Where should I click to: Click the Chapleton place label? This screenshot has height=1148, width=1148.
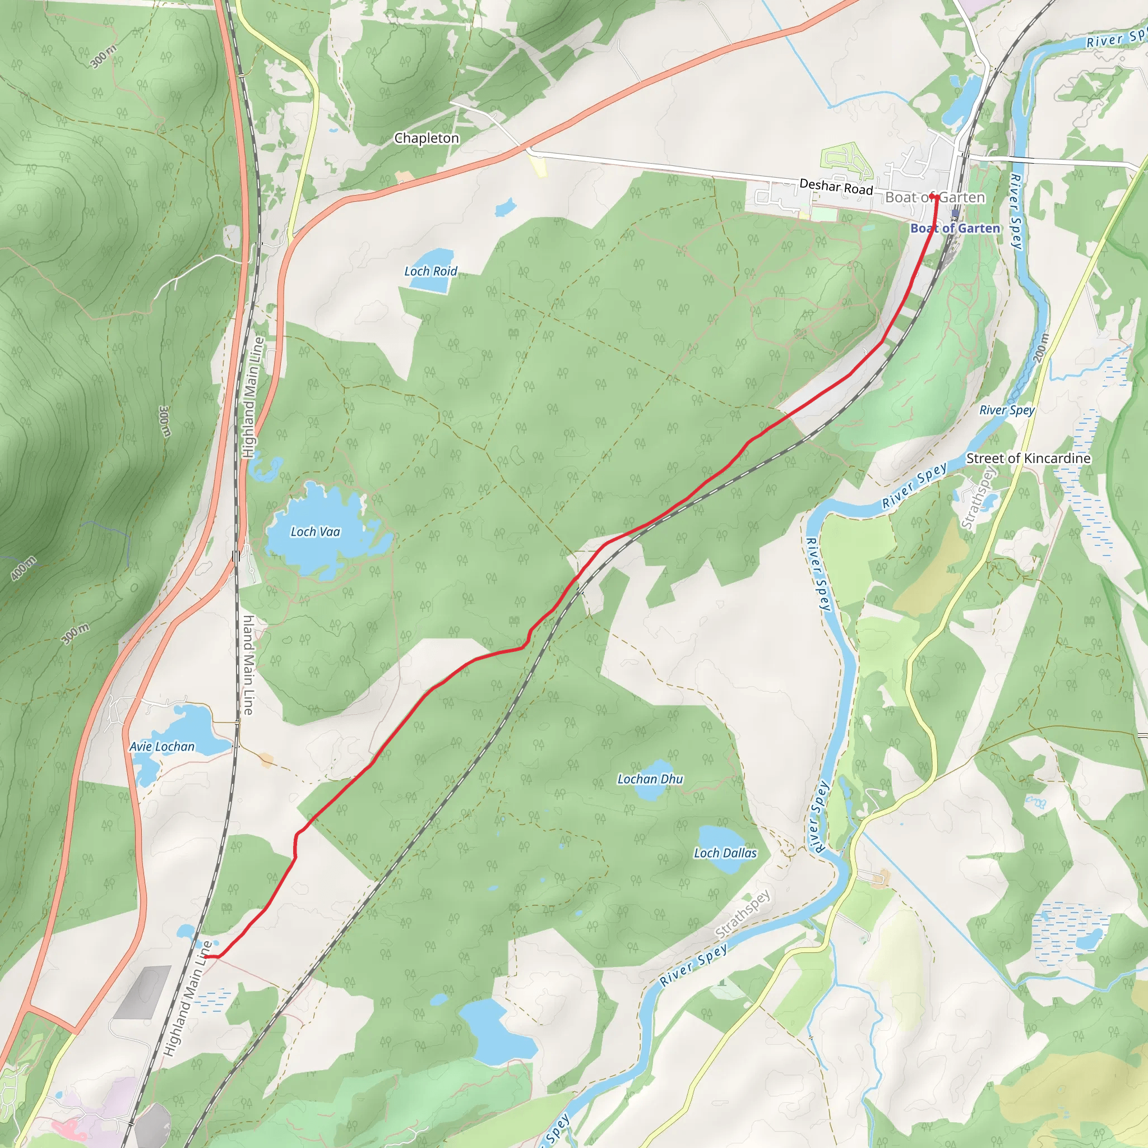coord(427,138)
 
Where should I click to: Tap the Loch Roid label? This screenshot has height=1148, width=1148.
coord(431,271)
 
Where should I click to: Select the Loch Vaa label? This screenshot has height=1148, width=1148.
coord(315,532)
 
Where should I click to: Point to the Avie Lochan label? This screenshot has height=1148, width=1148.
coord(161,746)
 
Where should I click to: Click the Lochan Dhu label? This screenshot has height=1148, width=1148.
coord(650,779)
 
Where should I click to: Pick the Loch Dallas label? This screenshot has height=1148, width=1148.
coord(725,853)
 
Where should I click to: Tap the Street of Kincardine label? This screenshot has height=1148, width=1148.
coord(1029,458)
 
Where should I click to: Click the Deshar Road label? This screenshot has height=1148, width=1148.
coord(836,187)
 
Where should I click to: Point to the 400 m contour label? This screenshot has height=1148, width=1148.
coord(23,568)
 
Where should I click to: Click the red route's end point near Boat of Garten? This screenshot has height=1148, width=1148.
coord(933,196)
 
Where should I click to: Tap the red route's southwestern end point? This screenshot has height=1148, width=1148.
coord(205,957)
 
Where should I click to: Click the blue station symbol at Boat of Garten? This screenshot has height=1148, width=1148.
coord(955,214)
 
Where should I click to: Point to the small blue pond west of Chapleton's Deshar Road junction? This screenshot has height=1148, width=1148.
coord(505,207)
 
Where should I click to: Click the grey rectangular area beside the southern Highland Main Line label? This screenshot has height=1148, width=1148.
coord(143,992)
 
